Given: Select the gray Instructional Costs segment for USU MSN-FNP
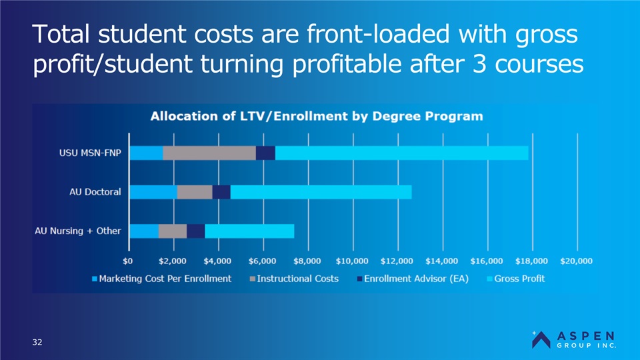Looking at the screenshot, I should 209,153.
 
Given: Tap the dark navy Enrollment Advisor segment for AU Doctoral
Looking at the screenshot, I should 221,192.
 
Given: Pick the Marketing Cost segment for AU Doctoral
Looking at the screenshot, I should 153,192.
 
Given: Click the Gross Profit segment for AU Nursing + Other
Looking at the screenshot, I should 249,231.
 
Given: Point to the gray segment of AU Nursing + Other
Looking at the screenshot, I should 173,231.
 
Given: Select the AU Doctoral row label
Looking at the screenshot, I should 95,192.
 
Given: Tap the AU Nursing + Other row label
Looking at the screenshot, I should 78,231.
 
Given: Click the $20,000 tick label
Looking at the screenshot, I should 576,260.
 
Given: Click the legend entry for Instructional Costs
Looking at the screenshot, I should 293,278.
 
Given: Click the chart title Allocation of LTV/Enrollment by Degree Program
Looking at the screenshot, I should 317,116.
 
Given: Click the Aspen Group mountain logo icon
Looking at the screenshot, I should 541,339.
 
